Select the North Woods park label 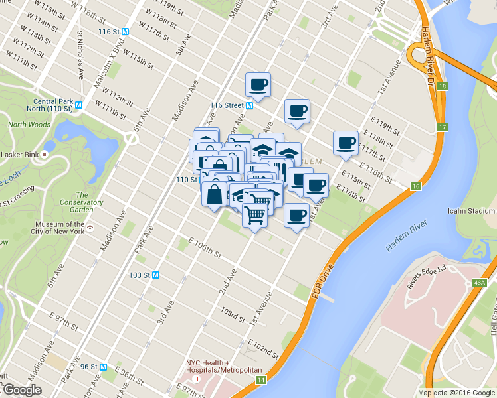pyautogui.click(x=29, y=124)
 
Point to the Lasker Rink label pyautogui.click(x=20, y=154)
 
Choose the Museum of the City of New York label pyautogui.click(x=59, y=228)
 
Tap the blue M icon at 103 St pyautogui.click(x=156, y=275)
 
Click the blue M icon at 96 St pyautogui.click(x=104, y=366)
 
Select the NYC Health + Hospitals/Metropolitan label pyautogui.click(x=224, y=366)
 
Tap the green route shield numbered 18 pyautogui.click(x=443, y=86)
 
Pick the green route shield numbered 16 pyautogui.click(x=416, y=187)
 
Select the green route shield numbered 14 pyautogui.click(x=262, y=380)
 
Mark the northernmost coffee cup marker pyautogui.click(x=258, y=85)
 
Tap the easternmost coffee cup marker pyautogui.click(x=346, y=143)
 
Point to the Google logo pyautogui.click(x=22, y=390)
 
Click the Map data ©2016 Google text pyautogui.click(x=456, y=393)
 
